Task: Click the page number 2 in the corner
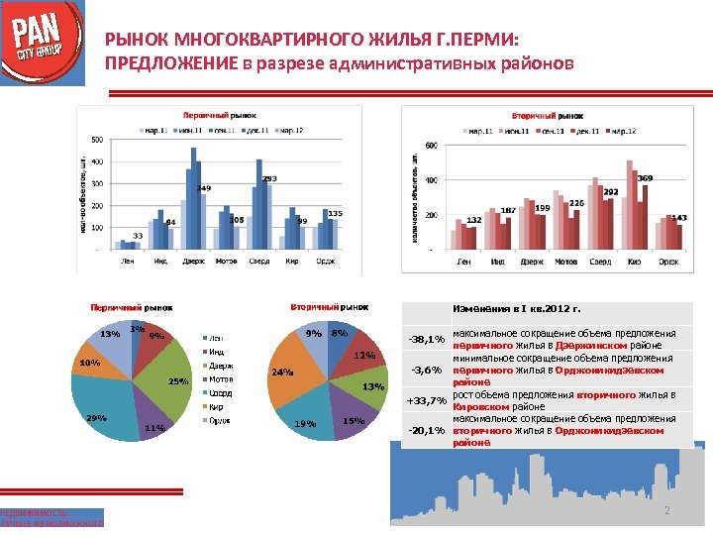667,510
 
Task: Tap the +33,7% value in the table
422,401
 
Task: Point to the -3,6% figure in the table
426,371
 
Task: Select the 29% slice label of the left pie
96,418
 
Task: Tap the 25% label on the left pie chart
178,381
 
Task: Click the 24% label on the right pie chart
281,374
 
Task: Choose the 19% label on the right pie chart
305,424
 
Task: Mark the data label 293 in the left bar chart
269,178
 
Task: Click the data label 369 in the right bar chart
645,177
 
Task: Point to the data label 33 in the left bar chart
139,235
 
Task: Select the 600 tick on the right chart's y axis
430,146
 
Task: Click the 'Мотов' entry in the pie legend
222,378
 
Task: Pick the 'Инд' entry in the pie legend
217,351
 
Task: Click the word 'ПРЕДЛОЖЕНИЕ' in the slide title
170,65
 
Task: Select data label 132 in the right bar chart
474,220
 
